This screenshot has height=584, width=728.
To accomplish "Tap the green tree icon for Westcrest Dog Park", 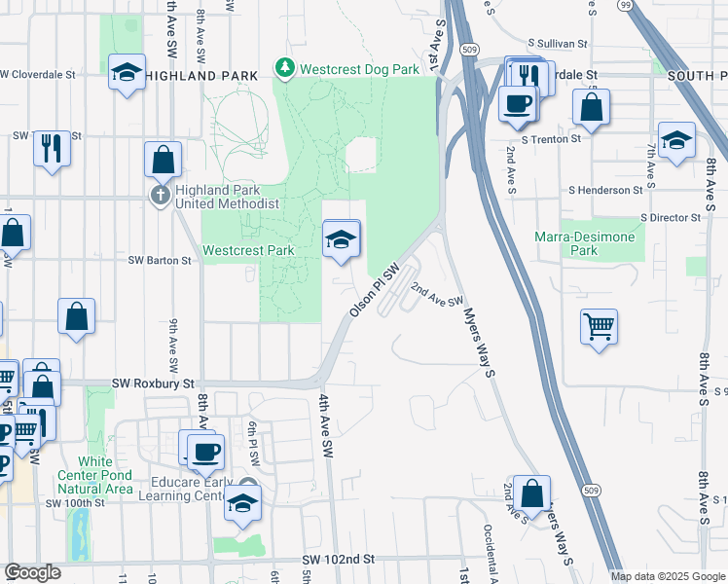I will point(285,68).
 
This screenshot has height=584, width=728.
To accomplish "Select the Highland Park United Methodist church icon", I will point(162,196).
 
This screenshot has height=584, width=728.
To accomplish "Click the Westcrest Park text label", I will point(248,250).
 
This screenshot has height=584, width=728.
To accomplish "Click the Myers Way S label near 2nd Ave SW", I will point(481,336).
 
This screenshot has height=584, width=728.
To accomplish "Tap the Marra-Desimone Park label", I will point(585,243).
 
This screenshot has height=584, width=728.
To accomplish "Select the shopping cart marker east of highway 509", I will point(599,326).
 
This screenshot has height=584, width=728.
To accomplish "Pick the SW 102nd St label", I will point(338,560).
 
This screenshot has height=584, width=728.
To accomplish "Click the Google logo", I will point(33,571).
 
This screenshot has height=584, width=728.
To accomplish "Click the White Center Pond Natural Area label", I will point(94,474).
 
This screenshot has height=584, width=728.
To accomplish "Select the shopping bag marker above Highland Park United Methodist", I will point(164,160).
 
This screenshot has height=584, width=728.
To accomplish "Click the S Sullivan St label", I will point(559,44).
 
